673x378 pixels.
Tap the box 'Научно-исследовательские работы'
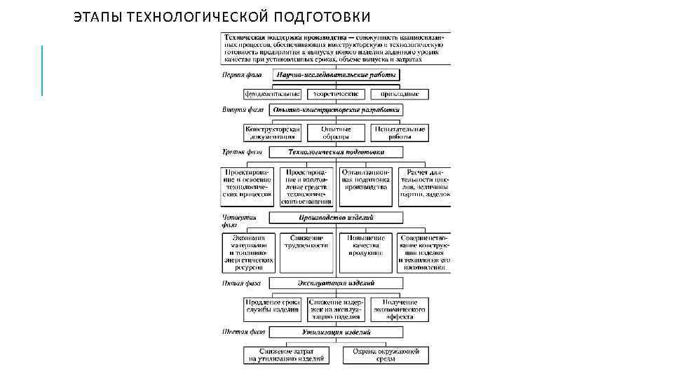336,75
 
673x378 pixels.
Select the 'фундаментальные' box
272,93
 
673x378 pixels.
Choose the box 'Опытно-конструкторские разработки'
336,111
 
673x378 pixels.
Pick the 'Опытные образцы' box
336,133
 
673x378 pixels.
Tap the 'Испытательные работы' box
400,133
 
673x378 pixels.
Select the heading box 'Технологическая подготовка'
336,152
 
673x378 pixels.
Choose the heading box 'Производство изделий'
336,218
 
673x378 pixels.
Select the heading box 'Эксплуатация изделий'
336,283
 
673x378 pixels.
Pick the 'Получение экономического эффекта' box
400,308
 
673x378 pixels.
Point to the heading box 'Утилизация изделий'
336,332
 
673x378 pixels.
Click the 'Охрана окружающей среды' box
386,354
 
